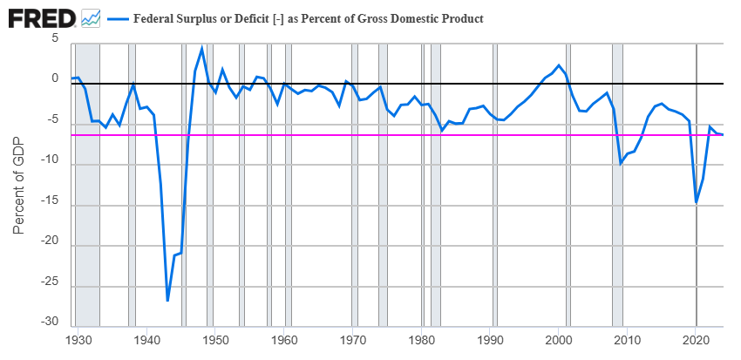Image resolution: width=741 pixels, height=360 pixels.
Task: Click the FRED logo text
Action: [x=40, y=17]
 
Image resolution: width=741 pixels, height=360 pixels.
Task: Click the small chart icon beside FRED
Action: [x=91, y=17]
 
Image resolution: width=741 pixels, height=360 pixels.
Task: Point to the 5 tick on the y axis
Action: [x=55, y=39]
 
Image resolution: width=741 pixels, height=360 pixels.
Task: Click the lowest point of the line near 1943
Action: [x=167, y=301]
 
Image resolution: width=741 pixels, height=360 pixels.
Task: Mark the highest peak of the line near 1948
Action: [x=202, y=48]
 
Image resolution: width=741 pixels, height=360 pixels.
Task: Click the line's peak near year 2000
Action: [x=559, y=65]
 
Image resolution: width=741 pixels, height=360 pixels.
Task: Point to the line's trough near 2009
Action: [x=620, y=164]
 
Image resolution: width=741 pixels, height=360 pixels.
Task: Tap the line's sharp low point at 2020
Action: [x=697, y=202]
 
